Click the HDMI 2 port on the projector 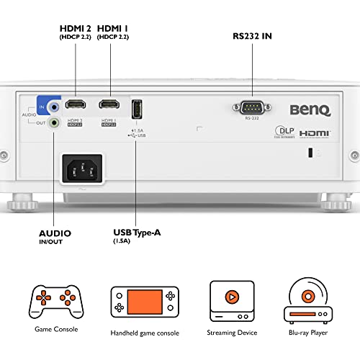(75, 104)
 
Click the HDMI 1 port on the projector (109, 104)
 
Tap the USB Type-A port (137, 109)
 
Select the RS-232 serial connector (251, 107)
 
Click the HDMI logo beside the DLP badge (314, 134)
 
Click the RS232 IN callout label (251, 35)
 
